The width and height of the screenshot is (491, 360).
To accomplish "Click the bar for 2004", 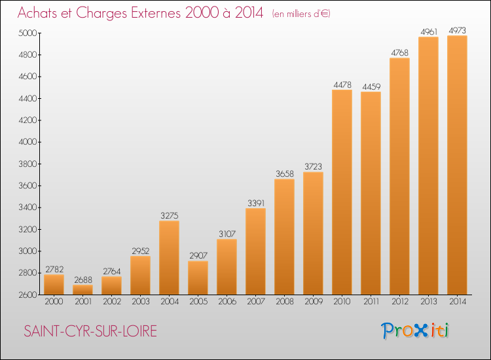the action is click(169, 258).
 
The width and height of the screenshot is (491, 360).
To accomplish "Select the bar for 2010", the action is click(342, 192).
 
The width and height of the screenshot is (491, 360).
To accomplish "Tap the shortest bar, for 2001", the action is click(82, 289).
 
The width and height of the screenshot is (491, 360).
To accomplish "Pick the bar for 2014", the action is click(457, 165).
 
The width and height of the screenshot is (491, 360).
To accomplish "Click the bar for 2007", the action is click(255, 251).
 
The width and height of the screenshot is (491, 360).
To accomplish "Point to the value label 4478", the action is click(342, 85).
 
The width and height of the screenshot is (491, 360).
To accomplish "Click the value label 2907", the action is click(198, 255).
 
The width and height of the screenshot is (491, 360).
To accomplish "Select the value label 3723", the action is click(313, 166).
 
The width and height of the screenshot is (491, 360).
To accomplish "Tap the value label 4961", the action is click(429, 31).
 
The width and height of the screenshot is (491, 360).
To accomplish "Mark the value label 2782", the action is click(54, 269).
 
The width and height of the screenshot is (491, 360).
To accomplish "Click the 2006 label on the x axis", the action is click(227, 302).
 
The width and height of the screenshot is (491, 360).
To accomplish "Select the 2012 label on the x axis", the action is click(400, 302).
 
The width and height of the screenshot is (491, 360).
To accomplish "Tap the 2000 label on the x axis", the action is click(54, 302).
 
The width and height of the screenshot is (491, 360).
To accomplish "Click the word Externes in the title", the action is click(156, 13).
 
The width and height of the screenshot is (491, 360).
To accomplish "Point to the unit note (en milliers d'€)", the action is click(301, 14).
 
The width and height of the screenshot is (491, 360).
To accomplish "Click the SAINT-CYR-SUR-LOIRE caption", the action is click(90, 331).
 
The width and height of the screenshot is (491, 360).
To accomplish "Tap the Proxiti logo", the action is click(414, 331).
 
